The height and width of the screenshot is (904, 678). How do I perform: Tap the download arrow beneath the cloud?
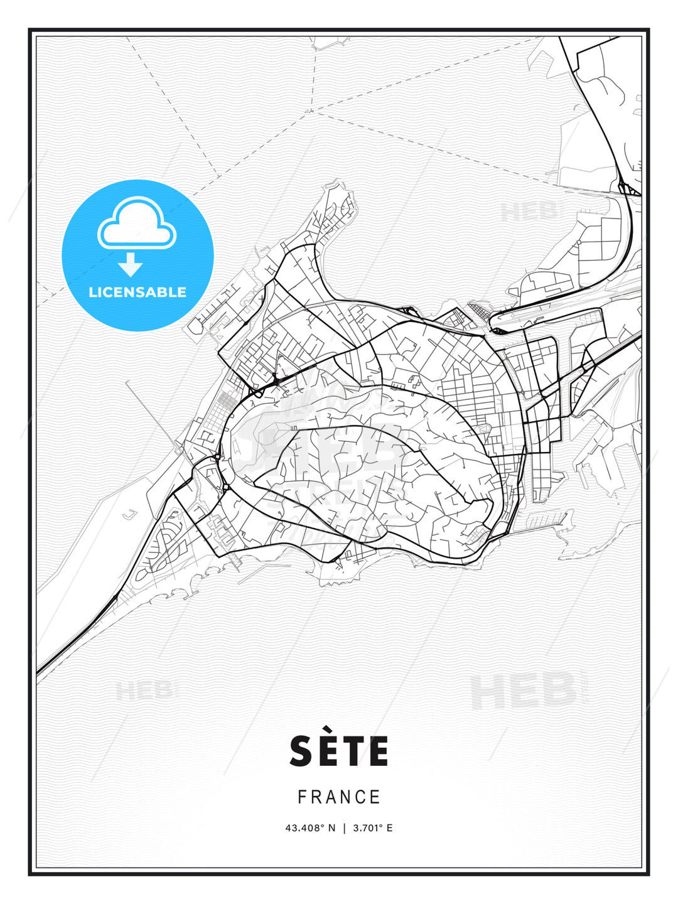click(x=131, y=265)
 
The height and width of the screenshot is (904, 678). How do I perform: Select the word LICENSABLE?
click(x=137, y=292)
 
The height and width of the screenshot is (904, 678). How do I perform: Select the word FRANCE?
click(x=339, y=797)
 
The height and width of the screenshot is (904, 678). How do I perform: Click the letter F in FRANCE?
click(x=302, y=797)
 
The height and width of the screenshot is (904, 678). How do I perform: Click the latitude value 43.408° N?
click(x=311, y=828)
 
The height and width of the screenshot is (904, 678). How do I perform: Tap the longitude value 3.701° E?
click(x=372, y=828)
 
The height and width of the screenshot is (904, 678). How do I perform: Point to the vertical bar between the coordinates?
click(x=344, y=828)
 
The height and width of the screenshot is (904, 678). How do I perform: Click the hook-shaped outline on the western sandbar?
click(x=130, y=515)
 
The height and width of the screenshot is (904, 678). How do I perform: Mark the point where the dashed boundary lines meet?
click(x=312, y=114)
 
